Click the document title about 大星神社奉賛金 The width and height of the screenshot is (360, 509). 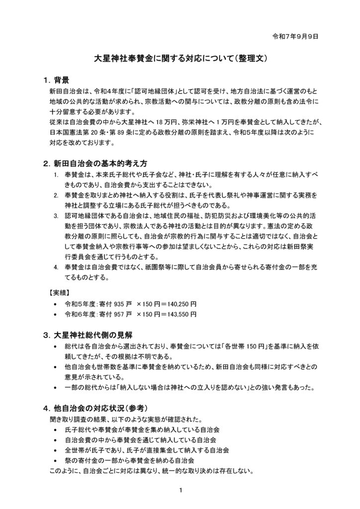pyautogui.click(x=182, y=58)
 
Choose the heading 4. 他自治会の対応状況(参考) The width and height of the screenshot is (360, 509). pyautogui.click(x=95, y=408)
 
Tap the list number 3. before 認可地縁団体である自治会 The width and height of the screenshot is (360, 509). pyautogui.click(x=56, y=216)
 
